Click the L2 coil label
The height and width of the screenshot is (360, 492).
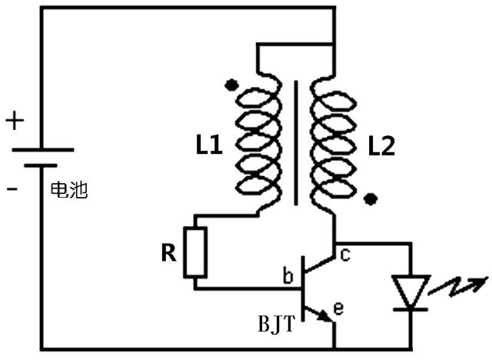coord(381,146)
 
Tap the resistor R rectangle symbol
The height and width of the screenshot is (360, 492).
coord(195,252)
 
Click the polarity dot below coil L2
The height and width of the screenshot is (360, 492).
coord(371,200)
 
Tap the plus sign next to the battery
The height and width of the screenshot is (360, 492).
coord(15,121)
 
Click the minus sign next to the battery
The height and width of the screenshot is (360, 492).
coord(12,188)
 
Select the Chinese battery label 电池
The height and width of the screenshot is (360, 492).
coord(68,189)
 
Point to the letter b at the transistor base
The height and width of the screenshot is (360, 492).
coord(288,275)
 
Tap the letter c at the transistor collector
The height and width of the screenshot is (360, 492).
coord(345,255)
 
